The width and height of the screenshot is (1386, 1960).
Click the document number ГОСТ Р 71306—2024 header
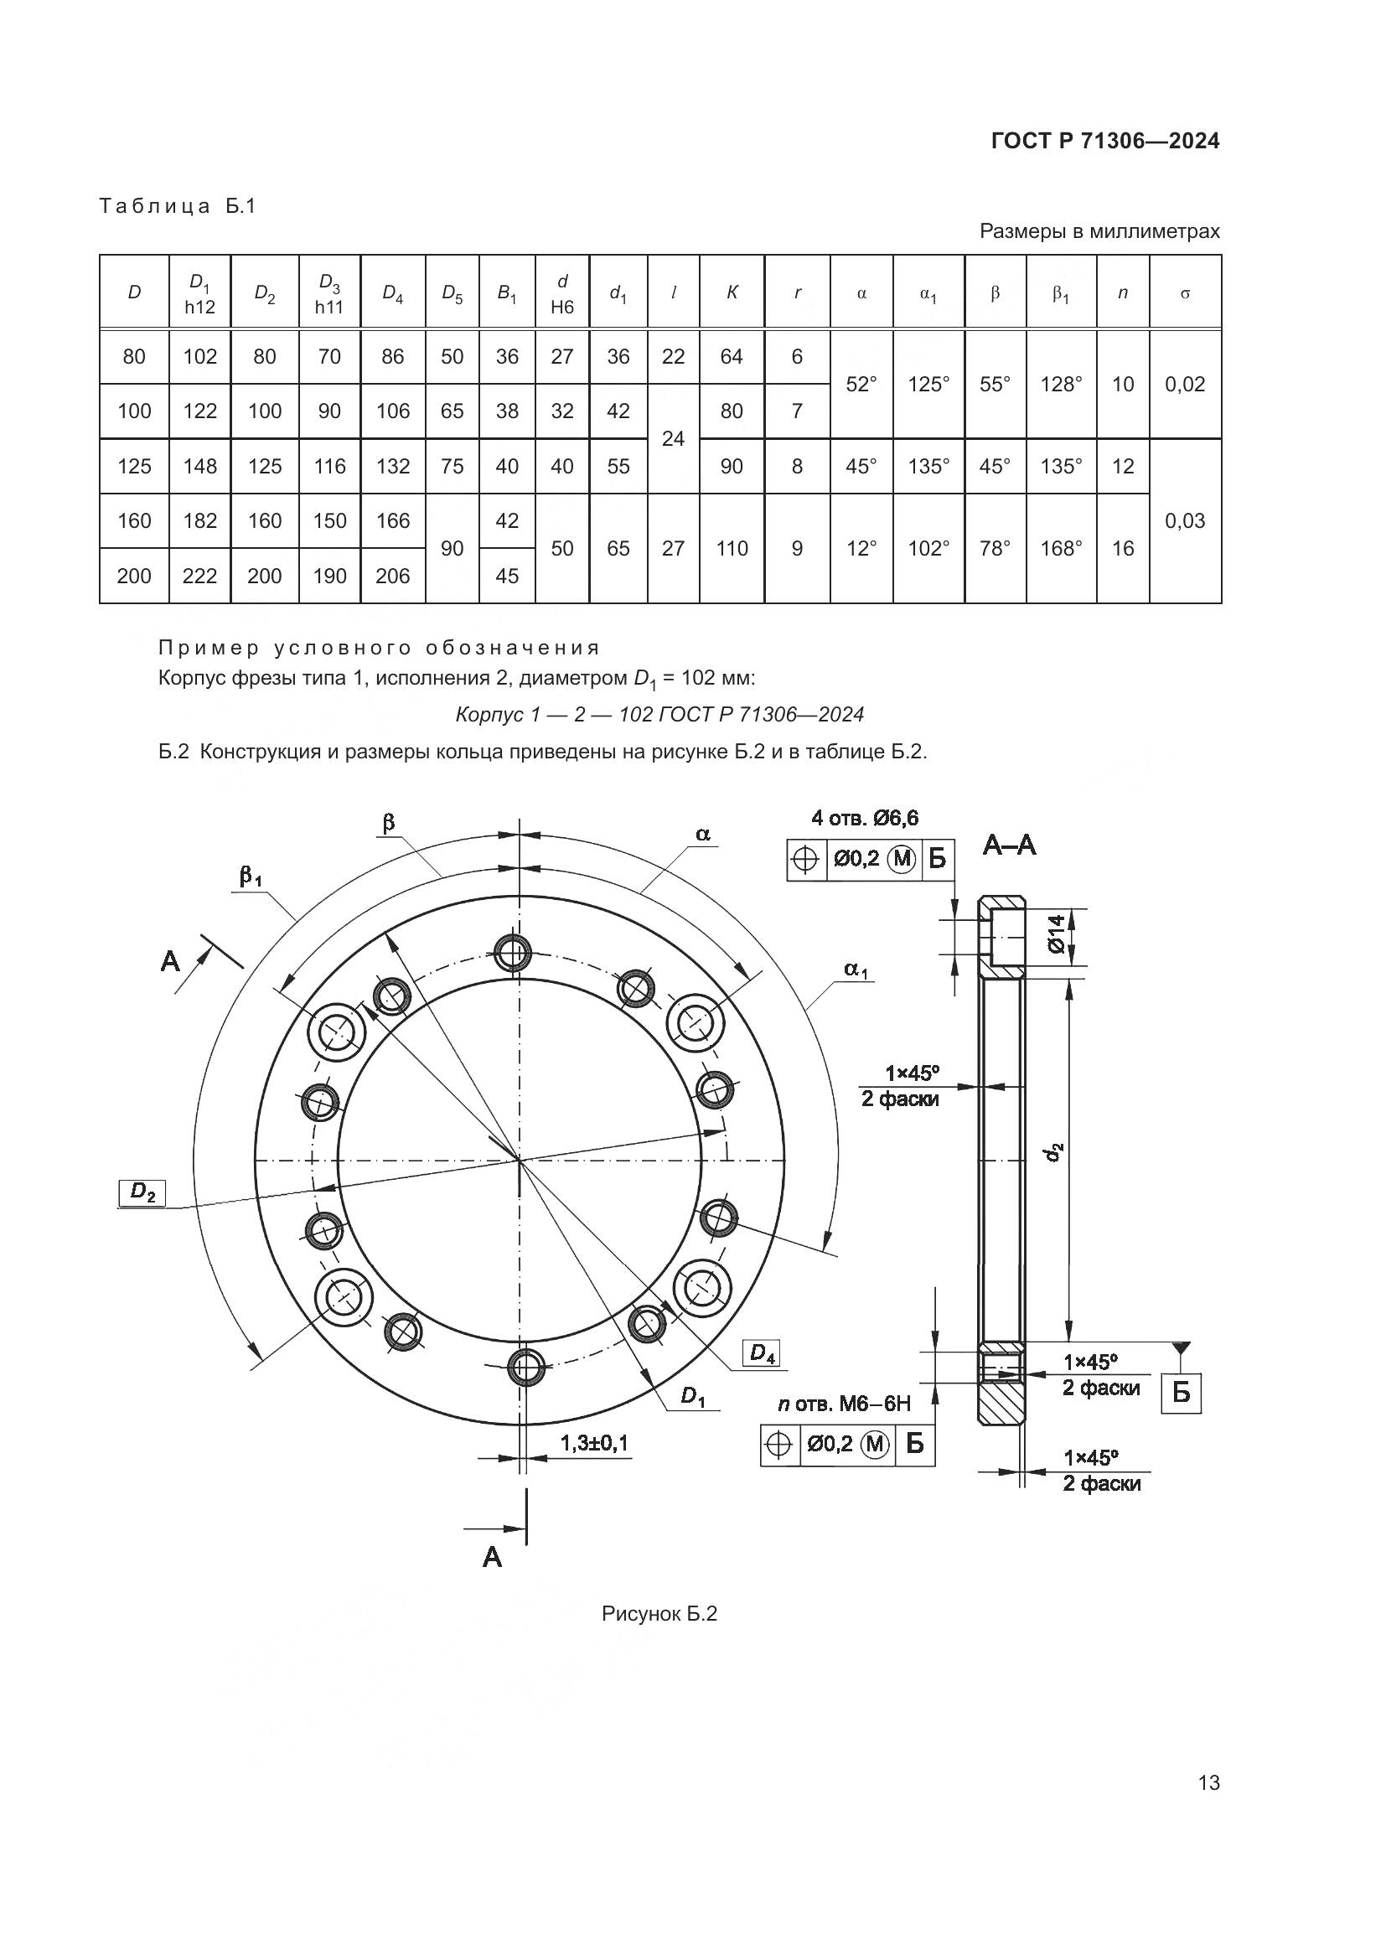(1105, 141)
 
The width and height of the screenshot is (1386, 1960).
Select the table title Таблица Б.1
(178, 206)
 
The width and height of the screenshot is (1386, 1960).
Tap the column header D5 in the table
(453, 293)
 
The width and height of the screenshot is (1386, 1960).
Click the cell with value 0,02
(1185, 384)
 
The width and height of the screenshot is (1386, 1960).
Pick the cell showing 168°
(1061, 548)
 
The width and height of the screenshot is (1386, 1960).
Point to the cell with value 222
(199, 576)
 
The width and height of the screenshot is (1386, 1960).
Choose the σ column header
(1185, 293)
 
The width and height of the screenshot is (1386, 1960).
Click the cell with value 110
(732, 548)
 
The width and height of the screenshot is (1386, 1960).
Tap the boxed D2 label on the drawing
(142, 1192)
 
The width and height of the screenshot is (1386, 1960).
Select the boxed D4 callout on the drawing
(762, 1353)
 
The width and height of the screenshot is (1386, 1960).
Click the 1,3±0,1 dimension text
(594, 1443)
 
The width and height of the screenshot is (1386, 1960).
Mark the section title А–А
(1010, 846)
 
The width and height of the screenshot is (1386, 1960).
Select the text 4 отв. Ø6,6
(865, 818)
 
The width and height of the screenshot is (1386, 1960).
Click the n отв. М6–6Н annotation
(844, 1404)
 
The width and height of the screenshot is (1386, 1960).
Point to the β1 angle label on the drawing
(250, 876)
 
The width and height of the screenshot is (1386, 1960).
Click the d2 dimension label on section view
(1055, 1151)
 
